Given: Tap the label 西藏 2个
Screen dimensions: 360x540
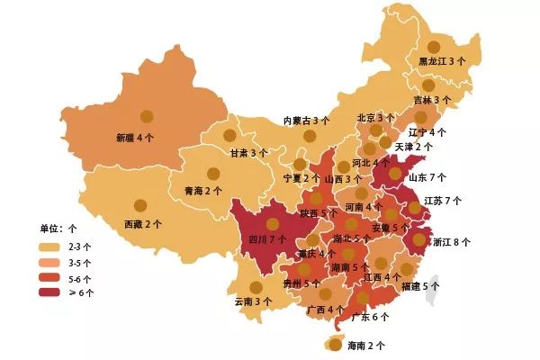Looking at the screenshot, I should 143,223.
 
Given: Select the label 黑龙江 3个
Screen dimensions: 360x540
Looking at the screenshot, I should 442,61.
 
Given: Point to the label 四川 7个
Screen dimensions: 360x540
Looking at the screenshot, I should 266,239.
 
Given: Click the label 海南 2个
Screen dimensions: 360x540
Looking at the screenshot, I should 366,345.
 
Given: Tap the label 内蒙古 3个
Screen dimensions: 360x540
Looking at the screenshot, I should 307,120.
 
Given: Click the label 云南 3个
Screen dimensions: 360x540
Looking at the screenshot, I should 253,301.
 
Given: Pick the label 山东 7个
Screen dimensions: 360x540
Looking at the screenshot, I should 427,177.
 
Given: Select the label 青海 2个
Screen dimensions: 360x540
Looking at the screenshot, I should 202,191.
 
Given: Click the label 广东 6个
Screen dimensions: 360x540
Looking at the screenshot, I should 370,317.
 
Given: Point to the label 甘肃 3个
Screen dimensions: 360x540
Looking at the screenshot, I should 248,153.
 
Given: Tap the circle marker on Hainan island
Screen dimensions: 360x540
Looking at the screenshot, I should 336,343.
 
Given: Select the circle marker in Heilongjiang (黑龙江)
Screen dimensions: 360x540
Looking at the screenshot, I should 434,47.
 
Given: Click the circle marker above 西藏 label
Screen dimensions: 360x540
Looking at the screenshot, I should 140,206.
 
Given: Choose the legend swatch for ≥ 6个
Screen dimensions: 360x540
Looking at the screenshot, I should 49,292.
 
